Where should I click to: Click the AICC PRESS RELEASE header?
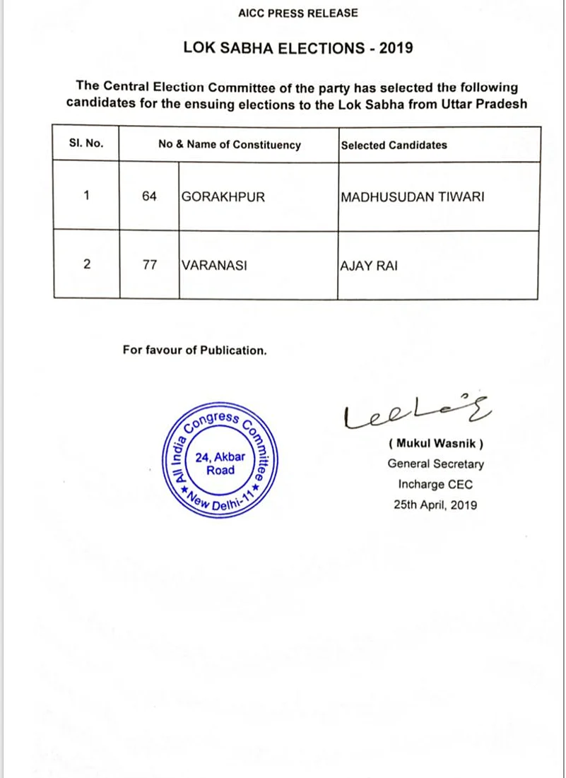[297, 13]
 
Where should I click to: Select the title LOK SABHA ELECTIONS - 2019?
[297, 48]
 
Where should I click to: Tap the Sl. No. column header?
[86, 143]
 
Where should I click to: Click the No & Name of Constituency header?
[230, 145]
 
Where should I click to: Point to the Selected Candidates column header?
[394, 145]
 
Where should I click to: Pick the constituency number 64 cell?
[149, 197]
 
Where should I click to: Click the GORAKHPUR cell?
[223, 197]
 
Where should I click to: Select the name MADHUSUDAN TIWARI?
[413, 197]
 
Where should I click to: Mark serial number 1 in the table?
[86, 196]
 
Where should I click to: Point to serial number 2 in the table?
[86, 266]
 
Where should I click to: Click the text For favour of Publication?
[194, 350]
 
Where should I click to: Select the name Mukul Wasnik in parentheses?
[436, 444]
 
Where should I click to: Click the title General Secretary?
[436, 464]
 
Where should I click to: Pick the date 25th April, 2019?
[436, 505]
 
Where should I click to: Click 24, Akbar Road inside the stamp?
[220, 463]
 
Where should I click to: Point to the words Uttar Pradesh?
[487, 103]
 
